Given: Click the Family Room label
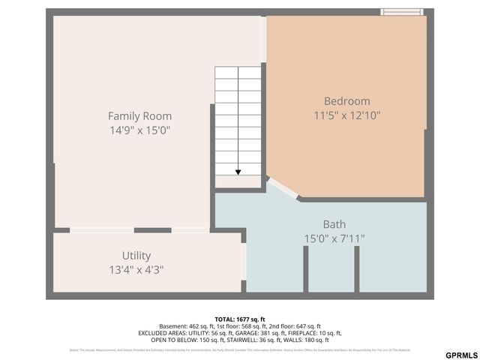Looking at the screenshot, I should pos(139,115).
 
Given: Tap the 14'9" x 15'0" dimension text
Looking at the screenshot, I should pos(139,130).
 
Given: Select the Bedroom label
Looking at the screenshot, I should pos(346,101).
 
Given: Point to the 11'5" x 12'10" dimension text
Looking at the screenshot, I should pos(346,115).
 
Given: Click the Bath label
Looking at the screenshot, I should pos(334,224).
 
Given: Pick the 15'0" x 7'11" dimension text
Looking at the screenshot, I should pos(334,238).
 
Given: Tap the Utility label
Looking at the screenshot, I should pos(136,255).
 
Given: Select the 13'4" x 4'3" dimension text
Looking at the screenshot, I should pos(136,269).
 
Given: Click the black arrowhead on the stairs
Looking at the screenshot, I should pos(238,172).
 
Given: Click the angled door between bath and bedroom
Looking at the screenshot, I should pos(281,187).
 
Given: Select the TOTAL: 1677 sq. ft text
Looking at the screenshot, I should pos(240,319).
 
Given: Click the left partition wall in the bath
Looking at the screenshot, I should pos(306,268).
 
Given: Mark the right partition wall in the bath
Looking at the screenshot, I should pos(357,268).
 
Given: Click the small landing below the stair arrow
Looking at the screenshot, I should pos(238,182).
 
